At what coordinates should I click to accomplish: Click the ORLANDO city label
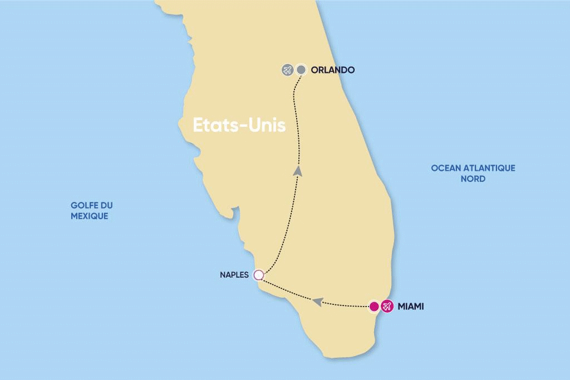point(333,70)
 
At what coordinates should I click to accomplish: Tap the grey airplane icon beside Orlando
point(287,70)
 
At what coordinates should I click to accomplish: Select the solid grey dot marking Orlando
point(301,70)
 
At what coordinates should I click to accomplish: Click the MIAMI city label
point(411,306)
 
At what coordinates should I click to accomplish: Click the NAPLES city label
point(234,275)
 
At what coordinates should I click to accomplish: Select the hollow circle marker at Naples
point(258,275)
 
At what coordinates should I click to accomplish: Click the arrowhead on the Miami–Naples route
point(317,301)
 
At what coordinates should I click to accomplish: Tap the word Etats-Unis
point(239,125)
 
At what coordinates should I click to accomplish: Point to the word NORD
point(473,179)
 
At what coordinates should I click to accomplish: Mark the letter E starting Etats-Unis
point(198,125)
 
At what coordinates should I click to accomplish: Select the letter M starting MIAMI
point(401,306)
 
